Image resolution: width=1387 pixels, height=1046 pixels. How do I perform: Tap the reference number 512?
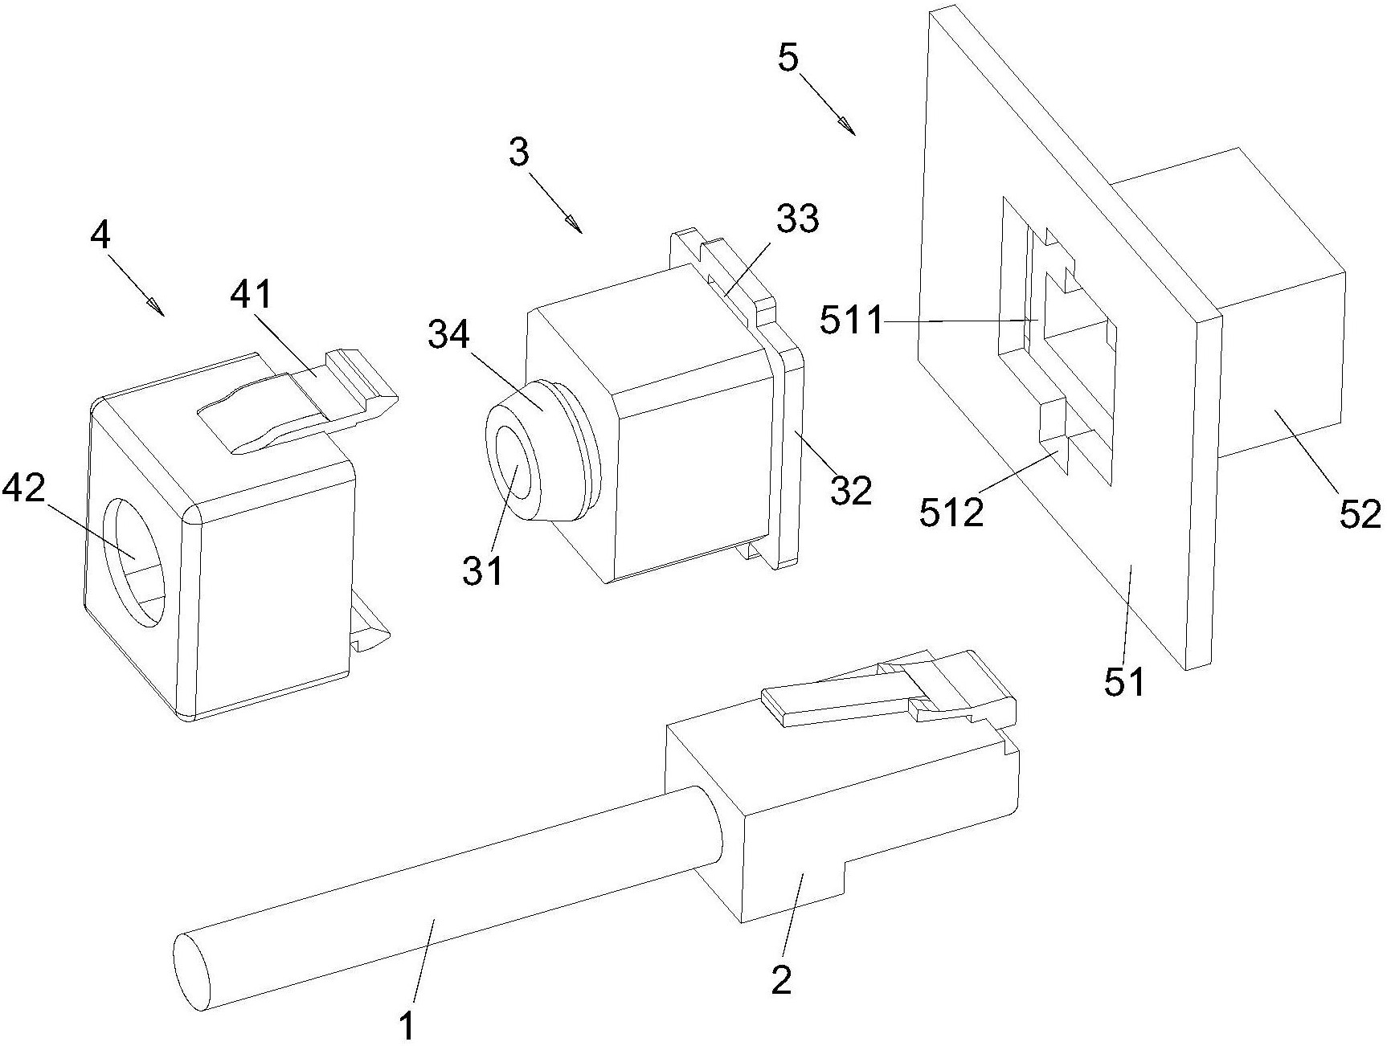click(952, 511)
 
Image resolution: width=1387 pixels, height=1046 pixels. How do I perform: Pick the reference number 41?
click(251, 296)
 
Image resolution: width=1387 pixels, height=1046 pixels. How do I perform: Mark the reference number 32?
click(851, 489)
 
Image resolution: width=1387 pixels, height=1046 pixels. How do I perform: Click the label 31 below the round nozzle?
click(481, 571)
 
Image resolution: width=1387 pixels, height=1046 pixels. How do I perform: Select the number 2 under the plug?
click(782, 979)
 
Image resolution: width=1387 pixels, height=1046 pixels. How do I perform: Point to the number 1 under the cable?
click(407, 1025)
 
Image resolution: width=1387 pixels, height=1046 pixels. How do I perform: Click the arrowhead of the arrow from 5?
click(845, 124)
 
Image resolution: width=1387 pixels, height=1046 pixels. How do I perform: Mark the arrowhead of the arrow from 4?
click(153, 305)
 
